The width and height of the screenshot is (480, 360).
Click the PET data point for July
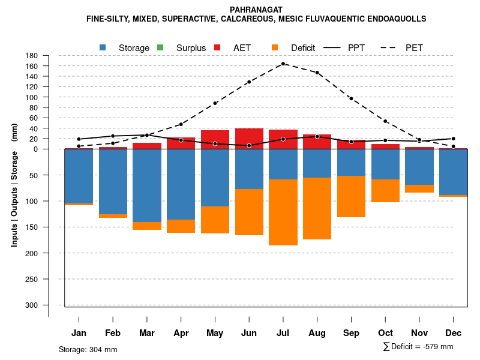283,64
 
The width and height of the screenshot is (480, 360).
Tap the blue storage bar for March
147,185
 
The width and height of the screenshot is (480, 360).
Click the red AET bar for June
249,137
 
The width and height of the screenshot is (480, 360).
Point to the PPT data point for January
79,139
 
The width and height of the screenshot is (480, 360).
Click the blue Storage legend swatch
103,47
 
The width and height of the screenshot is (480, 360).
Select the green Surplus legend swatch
160,47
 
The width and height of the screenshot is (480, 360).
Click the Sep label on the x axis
352,333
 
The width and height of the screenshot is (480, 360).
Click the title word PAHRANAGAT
256,10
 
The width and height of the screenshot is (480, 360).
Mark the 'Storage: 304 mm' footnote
88,349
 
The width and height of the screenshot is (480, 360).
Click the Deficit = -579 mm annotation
419,347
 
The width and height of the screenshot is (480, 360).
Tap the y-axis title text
14,185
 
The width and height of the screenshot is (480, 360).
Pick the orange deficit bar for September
351,196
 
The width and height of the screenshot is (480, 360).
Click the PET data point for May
215,103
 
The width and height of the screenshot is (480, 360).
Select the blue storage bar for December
453,172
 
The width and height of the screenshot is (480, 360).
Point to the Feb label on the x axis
113,333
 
